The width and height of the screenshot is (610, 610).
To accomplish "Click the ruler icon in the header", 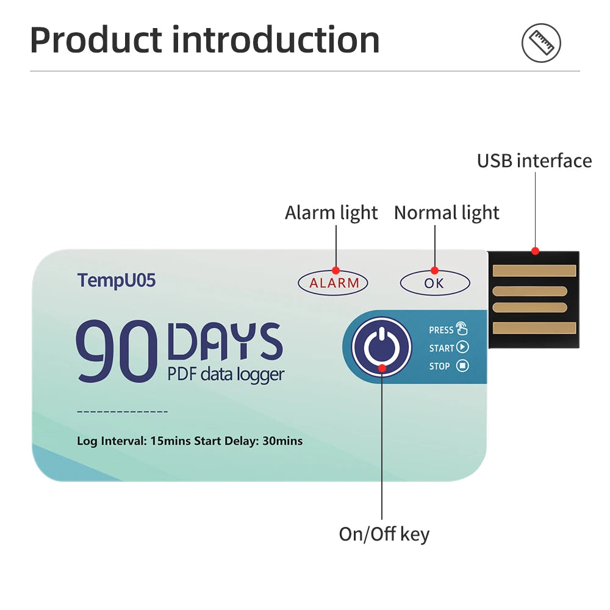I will tap(540, 43).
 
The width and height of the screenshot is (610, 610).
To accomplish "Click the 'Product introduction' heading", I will tap(204, 40).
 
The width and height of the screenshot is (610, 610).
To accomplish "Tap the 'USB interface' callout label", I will tap(534, 160).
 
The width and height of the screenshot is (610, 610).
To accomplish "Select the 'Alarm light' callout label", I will tap(331, 213).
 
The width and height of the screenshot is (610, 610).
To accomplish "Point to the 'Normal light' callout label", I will tap(447, 213).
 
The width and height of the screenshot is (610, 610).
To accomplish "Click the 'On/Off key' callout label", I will tap(384, 534).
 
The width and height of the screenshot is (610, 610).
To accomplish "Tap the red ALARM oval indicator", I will tap(334, 283).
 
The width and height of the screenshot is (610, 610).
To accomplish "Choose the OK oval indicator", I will tap(434, 283).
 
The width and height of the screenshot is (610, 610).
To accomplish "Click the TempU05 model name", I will tap(117, 281).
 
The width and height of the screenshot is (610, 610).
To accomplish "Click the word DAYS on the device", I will tap(224, 342).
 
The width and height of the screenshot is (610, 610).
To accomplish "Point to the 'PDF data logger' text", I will tap(226, 373).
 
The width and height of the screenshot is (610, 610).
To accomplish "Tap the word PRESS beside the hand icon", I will tap(441, 330).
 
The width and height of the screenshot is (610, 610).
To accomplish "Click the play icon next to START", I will tap(462, 348).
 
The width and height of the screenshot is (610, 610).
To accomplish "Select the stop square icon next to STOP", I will tap(462, 366).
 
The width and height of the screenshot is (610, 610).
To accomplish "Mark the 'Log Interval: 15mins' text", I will tap(134, 441).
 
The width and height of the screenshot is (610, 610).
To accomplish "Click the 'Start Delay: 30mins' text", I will tap(248, 441).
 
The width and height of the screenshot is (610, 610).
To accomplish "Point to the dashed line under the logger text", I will tap(123, 412).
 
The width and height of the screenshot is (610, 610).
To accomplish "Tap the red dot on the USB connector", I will tap(535, 251).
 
